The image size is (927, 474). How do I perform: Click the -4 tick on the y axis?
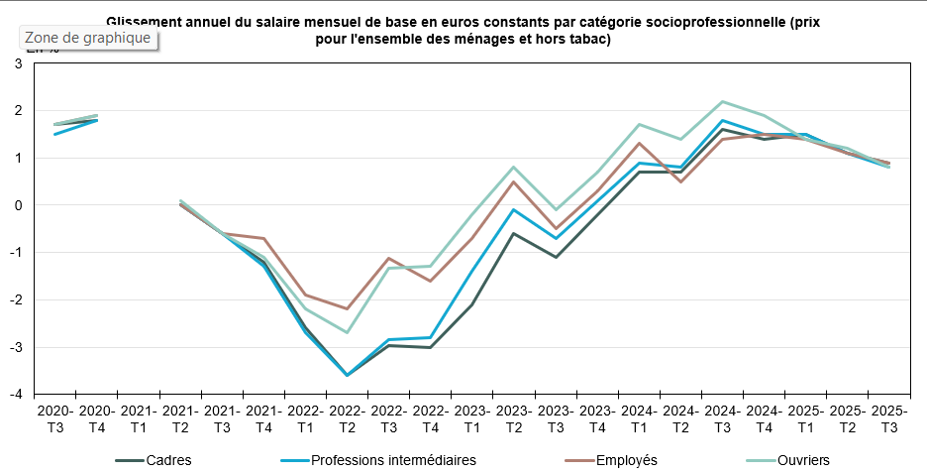pos(16,394)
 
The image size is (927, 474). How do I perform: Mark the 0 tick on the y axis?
pos(18,205)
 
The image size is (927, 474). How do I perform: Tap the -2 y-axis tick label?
pos(16,299)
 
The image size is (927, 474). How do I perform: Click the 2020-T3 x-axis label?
pos(55,416)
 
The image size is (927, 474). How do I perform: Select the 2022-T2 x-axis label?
pos(347,416)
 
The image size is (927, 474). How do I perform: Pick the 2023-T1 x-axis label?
pos(471,416)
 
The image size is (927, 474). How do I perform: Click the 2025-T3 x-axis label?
pos(887,416)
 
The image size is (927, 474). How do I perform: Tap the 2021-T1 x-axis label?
pos(139,416)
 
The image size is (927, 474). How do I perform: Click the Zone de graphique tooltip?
pos(88,38)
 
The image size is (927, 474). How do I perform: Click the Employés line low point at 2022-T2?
pos(347,308)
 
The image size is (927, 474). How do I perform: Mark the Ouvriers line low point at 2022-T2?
pos(347,332)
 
